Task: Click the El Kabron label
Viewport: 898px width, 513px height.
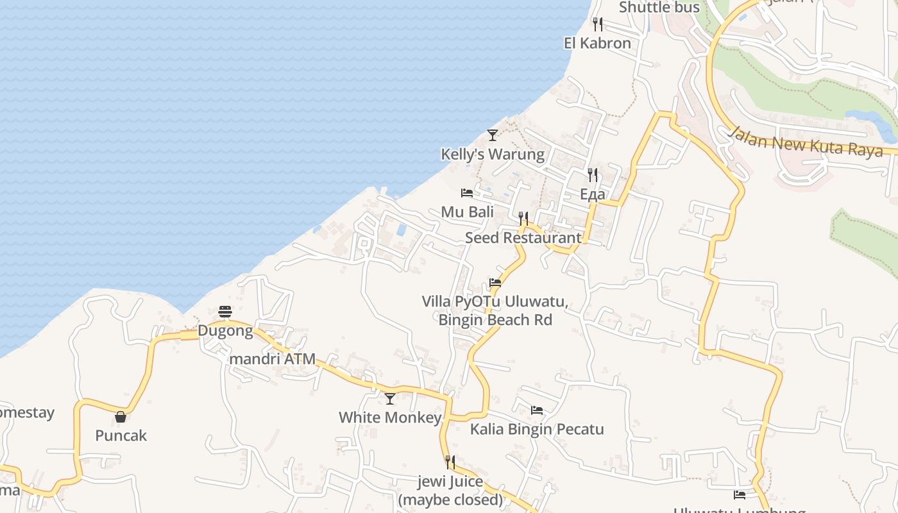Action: point(597,44)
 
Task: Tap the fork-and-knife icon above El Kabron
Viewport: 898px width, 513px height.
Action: point(597,24)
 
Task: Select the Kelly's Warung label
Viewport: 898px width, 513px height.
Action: point(492,155)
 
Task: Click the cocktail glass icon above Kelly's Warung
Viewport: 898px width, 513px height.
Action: point(492,135)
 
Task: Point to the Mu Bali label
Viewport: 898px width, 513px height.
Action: point(467,212)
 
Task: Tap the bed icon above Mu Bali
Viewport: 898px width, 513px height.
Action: point(467,192)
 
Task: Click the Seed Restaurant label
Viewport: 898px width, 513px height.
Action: point(523,238)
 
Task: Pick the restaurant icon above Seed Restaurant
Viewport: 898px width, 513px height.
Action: point(523,218)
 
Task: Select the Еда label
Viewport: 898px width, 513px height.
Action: point(592,194)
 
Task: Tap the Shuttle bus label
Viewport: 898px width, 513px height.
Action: point(659,8)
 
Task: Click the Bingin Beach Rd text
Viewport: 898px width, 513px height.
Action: point(495,320)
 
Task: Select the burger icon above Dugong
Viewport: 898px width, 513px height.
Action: point(225,312)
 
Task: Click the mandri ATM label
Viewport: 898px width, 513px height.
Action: point(272,359)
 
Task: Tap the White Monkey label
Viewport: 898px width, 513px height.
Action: point(390,418)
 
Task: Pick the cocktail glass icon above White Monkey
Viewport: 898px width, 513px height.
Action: point(390,398)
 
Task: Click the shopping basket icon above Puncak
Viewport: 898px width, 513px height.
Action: point(121,417)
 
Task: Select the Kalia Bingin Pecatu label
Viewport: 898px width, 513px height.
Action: point(537,429)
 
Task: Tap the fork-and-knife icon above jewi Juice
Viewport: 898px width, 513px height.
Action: point(450,462)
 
